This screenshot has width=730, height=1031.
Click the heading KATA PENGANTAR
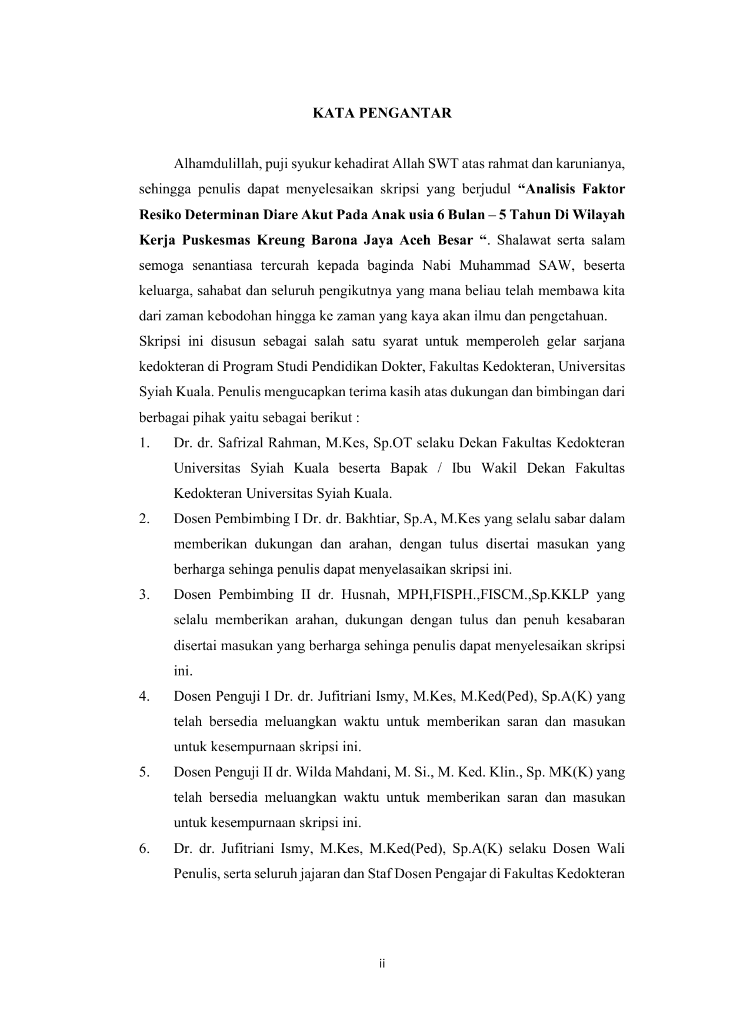(x=382, y=113)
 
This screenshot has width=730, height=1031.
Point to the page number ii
(x=382, y=964)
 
